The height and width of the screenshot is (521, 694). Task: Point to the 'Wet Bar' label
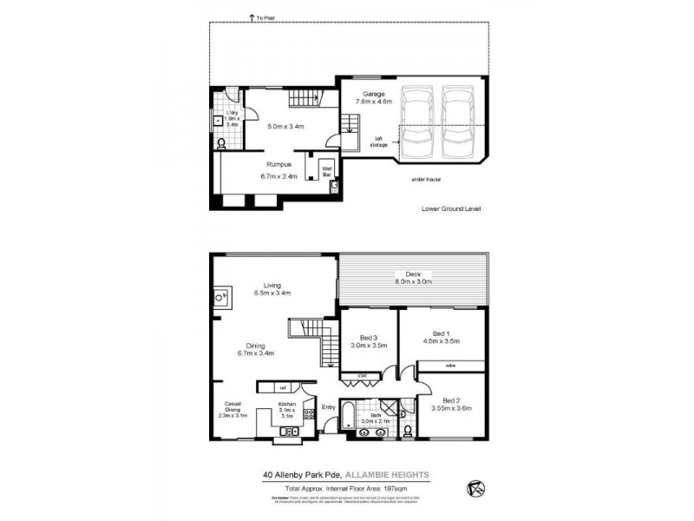point(328,170)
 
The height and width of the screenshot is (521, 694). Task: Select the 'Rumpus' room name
point(278,163)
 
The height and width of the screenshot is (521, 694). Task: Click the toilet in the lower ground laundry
point(222,144)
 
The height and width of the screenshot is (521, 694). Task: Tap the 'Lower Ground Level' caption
point(450,209)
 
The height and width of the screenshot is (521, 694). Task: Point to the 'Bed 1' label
point(441,333)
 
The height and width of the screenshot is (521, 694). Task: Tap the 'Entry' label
point(328,406)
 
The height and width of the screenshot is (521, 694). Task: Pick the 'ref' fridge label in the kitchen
point(283,387)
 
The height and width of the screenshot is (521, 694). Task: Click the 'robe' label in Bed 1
point(450,366)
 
